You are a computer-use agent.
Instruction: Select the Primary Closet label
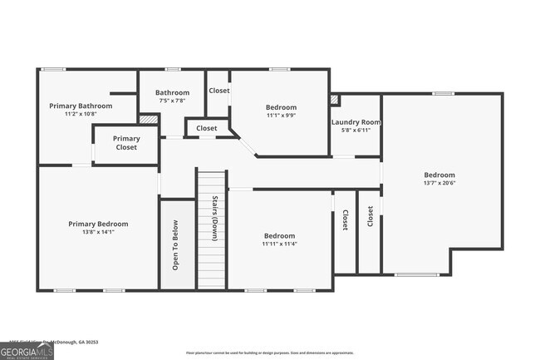[126, 143]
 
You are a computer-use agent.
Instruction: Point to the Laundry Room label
[356, 122]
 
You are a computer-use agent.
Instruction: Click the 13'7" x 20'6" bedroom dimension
[439, 183]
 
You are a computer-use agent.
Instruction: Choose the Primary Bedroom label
[98, 224]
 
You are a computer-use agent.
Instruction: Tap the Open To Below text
[175, 245]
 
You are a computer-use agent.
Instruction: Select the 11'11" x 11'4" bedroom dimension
[278, 244]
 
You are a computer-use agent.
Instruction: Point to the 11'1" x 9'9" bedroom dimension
[280, 116]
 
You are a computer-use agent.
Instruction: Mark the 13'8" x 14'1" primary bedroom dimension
[98, 232]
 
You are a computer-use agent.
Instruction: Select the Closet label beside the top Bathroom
[219, 91]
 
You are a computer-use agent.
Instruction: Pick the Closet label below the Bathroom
[207, 129]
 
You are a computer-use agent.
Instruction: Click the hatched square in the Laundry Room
[335, 100]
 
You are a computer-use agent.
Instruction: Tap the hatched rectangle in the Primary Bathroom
[148, 120]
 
